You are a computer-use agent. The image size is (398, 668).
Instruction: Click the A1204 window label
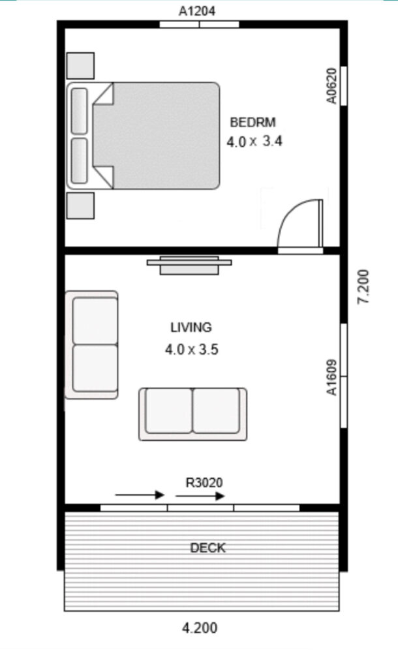click(197, 11)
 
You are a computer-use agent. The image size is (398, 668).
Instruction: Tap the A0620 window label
click(331, 85)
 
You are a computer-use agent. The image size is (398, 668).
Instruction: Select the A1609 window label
click(331, 378)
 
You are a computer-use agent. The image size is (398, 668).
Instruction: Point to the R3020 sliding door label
click(204, 483)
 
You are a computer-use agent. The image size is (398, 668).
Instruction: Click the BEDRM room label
click(253, 122)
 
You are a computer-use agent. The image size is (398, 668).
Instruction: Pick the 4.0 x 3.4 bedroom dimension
click(254, 141)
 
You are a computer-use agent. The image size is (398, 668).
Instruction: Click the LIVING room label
click(191, 327)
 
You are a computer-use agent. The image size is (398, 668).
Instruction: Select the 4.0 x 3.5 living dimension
click(192, 350)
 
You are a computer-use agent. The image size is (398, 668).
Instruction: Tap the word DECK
click(207, 548)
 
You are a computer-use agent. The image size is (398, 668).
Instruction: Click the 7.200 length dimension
click(363, 287)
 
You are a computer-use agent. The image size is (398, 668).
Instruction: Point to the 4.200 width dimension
click(200, 628)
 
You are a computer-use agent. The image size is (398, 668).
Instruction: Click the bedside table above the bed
click(80, 66)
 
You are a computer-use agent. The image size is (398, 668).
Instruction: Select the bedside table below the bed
click(80, 205)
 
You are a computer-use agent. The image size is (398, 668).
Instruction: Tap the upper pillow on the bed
click(79, 111)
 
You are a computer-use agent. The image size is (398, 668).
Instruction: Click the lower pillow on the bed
click(79, 160)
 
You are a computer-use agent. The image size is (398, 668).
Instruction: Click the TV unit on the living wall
click(189, 266)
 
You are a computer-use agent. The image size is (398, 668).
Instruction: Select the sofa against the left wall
click(91, 344)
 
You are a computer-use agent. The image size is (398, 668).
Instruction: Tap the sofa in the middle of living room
click(192, 414)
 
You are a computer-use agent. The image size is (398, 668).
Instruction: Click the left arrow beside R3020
click(140, 494)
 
